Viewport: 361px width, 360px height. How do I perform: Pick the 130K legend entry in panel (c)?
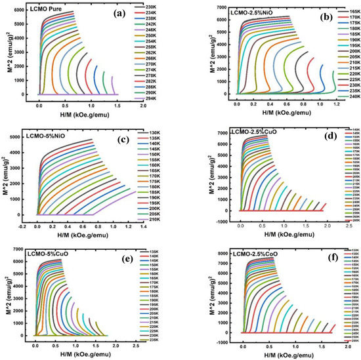pyautogui.click(x=165, y=133)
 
